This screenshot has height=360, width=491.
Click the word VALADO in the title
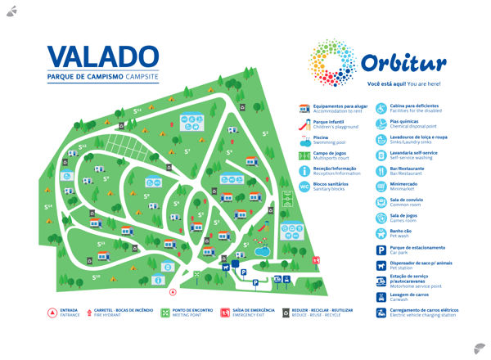(x=102, y=56)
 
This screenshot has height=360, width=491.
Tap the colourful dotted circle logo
(x=332, y=64)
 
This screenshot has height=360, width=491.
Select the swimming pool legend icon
(x=304, y=140)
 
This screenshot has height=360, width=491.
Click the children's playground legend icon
(x=304, y=124)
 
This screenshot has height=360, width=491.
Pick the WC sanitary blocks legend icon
(x=304, y=187)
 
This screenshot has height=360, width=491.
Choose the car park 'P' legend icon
(x=381, y=249)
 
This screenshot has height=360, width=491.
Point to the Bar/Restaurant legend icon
(x=381, y=171)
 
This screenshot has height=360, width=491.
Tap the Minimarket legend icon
(x=381, y=187)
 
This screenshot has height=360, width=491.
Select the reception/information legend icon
(x=304, y=171)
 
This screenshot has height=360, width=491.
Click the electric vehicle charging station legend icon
(x=381, y=312)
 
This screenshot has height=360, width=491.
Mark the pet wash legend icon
(x=381, y=233)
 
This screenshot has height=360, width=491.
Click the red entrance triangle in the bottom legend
(x=52, y=312)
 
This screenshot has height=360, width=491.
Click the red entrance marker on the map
(x=172, y=290)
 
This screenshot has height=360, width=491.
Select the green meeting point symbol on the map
(x=197, y=274)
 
